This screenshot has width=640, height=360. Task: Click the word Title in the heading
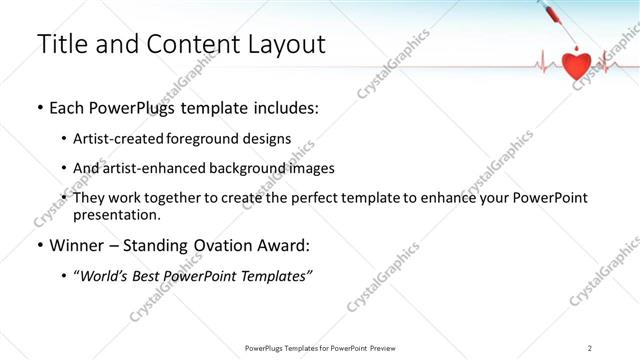point(61,45)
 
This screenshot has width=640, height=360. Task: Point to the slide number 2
point(590,347)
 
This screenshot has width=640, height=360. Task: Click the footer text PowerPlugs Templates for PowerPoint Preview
point(319,347)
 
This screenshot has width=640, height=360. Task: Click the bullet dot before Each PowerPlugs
point(40,109)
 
